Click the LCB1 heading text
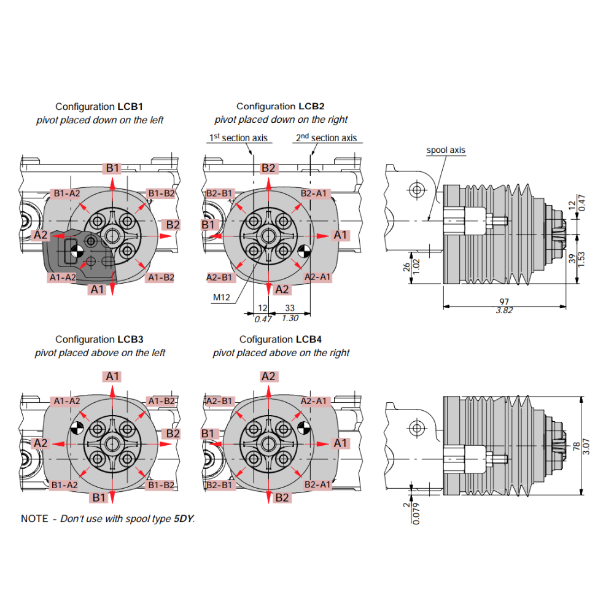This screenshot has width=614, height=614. click(130, 106)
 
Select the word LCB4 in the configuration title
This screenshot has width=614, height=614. click(309, 339)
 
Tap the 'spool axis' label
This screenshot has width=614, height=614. click(446, 150)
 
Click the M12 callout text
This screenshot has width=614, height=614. click(221, 298)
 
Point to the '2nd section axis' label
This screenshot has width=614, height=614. click(326, 138)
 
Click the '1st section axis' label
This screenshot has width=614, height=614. click(239, 138)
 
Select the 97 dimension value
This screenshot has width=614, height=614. click(505, 301)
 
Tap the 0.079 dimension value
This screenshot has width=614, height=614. click(416, 513)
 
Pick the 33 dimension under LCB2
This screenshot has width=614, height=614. click(289, 309)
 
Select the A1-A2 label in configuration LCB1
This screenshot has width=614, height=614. click(62, 278)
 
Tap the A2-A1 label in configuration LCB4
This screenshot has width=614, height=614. click(316, 401)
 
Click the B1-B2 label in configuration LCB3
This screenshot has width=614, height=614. click(161, 485)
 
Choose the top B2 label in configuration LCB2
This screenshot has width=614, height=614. click(268, 168)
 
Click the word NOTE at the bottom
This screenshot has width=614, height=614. click(34, 519)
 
